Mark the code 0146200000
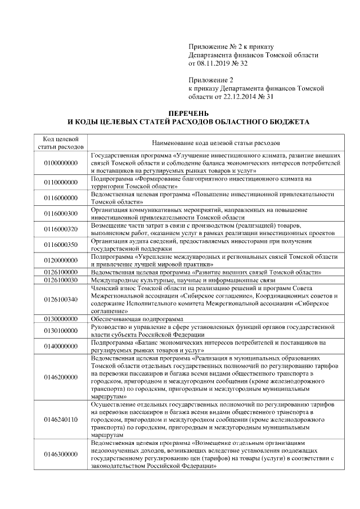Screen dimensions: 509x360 click(60, 377)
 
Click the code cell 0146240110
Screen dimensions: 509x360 click(60, 420)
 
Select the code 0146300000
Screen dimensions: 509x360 click(60, 454)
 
